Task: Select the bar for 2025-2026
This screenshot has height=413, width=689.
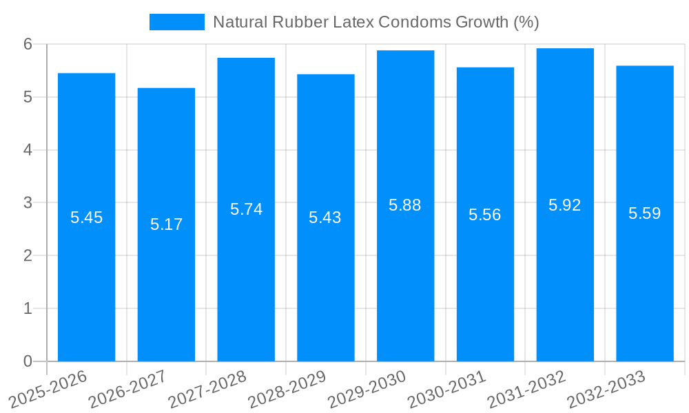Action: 86,217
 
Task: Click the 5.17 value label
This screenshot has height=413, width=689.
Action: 166,224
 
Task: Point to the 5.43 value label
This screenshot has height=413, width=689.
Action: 325,218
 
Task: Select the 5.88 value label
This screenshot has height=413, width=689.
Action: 405,205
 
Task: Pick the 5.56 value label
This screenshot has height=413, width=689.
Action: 485,215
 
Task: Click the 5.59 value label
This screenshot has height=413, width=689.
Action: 644,213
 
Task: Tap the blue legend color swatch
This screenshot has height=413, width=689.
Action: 177,22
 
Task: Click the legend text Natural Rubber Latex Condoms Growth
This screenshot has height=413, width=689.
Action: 376,22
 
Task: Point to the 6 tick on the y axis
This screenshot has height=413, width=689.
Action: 28,44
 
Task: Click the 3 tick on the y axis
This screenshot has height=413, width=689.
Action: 28,203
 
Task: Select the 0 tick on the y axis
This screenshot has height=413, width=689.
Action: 28,361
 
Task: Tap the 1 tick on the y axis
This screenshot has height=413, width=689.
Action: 28,308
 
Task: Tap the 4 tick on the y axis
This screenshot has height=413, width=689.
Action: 28,150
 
